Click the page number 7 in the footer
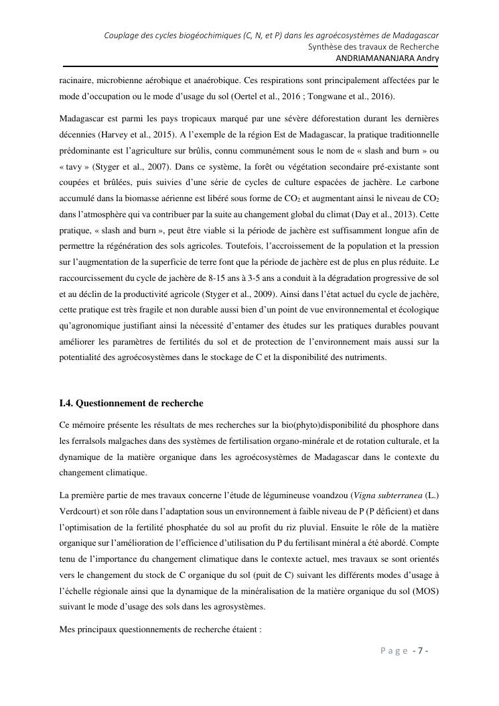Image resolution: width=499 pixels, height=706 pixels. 420,650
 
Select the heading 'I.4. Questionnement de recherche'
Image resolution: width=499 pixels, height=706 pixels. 131,404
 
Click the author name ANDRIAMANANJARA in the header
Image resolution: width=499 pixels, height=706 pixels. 375,58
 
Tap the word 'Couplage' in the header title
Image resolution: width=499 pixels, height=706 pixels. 122,35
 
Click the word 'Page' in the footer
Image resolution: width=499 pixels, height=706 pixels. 395,650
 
